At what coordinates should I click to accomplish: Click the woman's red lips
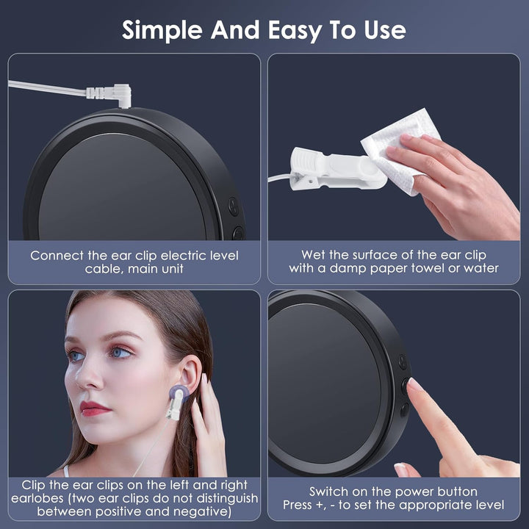pyautogui.click(x=93, y=407)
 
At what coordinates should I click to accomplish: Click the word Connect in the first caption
pyautogui.click(x=56, y=256)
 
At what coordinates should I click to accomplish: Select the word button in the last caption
pyautogui.click(x=456, y=491)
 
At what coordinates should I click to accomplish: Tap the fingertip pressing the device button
pyautogui.click(x=414, y=384)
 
